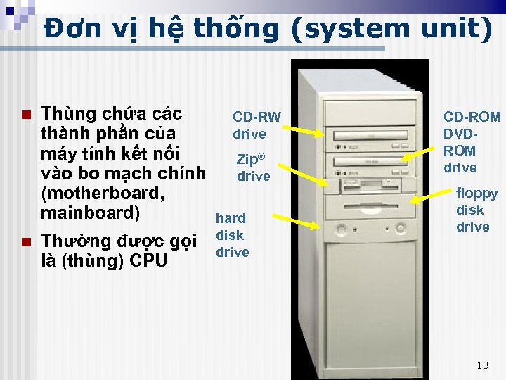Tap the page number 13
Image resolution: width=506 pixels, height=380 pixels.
tap(482, 365)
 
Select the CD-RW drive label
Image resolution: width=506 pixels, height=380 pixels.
tap(256, 125)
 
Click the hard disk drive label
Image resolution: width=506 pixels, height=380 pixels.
tap(231, 235)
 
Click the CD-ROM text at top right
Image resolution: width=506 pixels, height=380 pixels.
tap(472, 117)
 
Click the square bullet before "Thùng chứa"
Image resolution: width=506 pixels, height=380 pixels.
tap(26, 115)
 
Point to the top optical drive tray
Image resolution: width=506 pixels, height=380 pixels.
tap(370, 135)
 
